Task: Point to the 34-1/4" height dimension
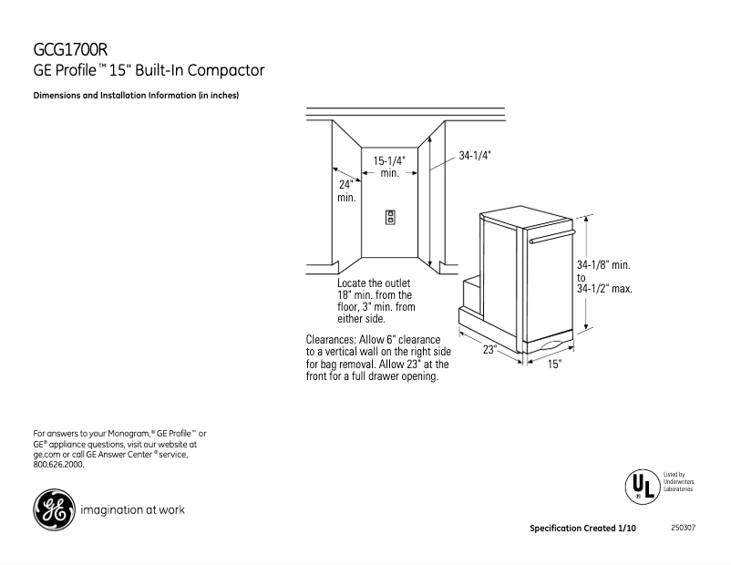coord(475,155)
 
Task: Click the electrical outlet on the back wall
coord(390,218)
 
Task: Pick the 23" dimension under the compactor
coord(489,350)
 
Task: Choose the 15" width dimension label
coord(554,365)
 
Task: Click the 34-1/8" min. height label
coord(604,264)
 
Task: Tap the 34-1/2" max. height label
coord(604,288)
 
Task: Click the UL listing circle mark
coord(641,484)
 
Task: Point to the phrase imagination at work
coord(133,510)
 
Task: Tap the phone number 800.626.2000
coord(58,464)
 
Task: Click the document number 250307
coord(683,529)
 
